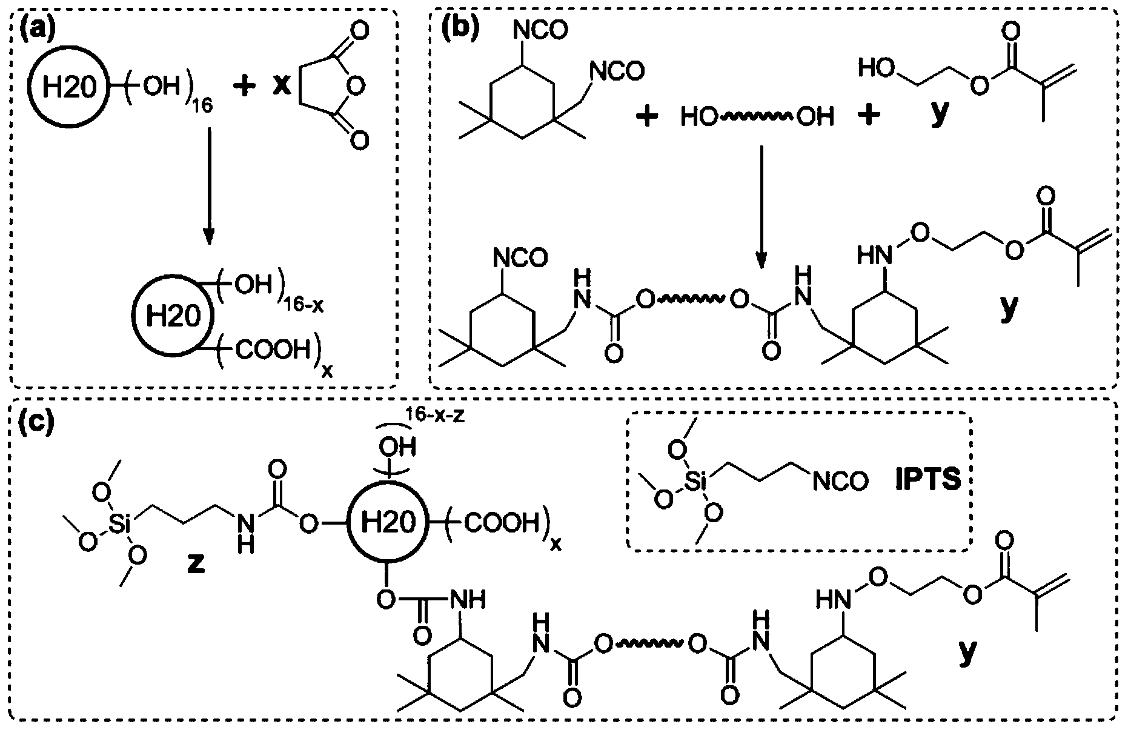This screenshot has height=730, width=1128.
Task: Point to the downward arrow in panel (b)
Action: tap(761, 206)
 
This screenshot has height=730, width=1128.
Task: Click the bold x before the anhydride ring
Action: tap(280, 87)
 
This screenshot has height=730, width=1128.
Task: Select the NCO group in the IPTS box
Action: tap(840, 482)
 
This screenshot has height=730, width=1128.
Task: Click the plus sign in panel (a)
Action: tap(244, 87)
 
